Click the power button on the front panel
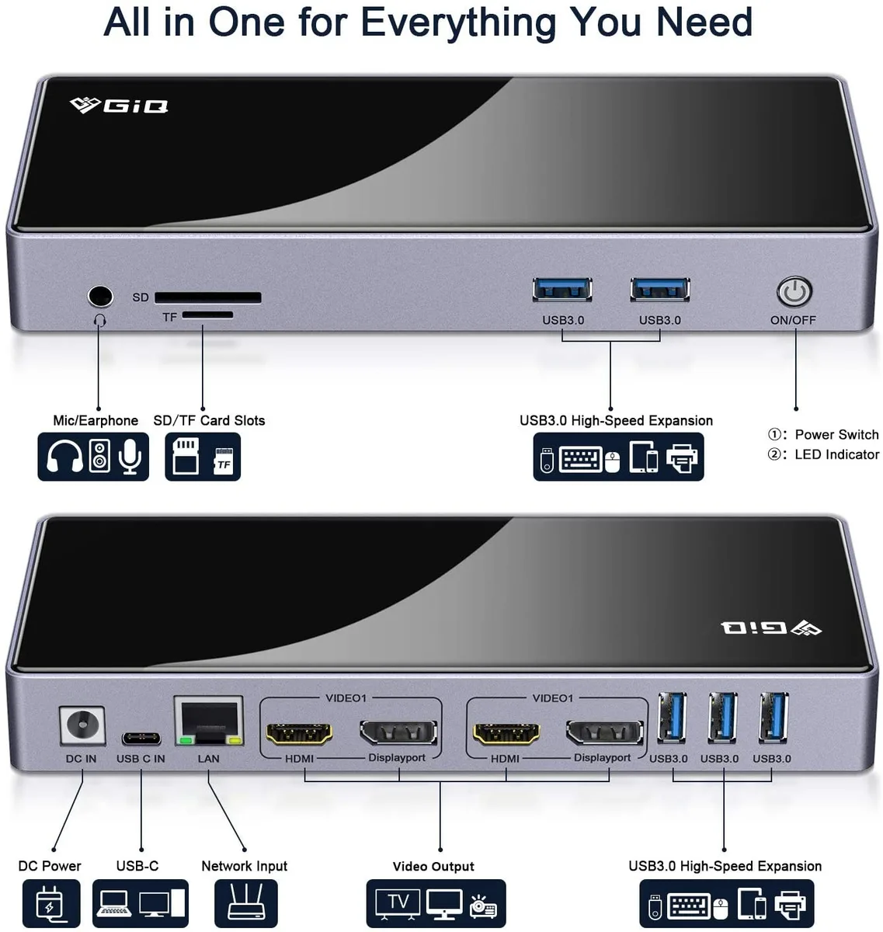click(794, 291)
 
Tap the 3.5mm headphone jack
click(100, 297)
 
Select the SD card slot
click(207, 297)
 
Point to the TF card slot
click(207, 315)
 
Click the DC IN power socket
click(82, 725)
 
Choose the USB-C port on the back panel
click(141, 738)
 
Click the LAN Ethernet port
click(209, 721)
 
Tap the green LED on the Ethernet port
click(186, 740)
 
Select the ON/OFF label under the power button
click(793, 320)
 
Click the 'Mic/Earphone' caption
click(96, 420)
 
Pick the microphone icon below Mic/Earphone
click(130, 456)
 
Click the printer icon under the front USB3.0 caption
click(682, 458)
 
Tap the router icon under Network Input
click(245, 902)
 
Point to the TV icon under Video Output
click(398, 902)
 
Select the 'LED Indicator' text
click(837, 454)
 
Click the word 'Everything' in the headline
click(458, 23)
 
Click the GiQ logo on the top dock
click(119, 106)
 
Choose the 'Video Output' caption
click(433, 866)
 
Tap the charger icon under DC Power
click(50, 903)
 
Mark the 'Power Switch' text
click(836, 434)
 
